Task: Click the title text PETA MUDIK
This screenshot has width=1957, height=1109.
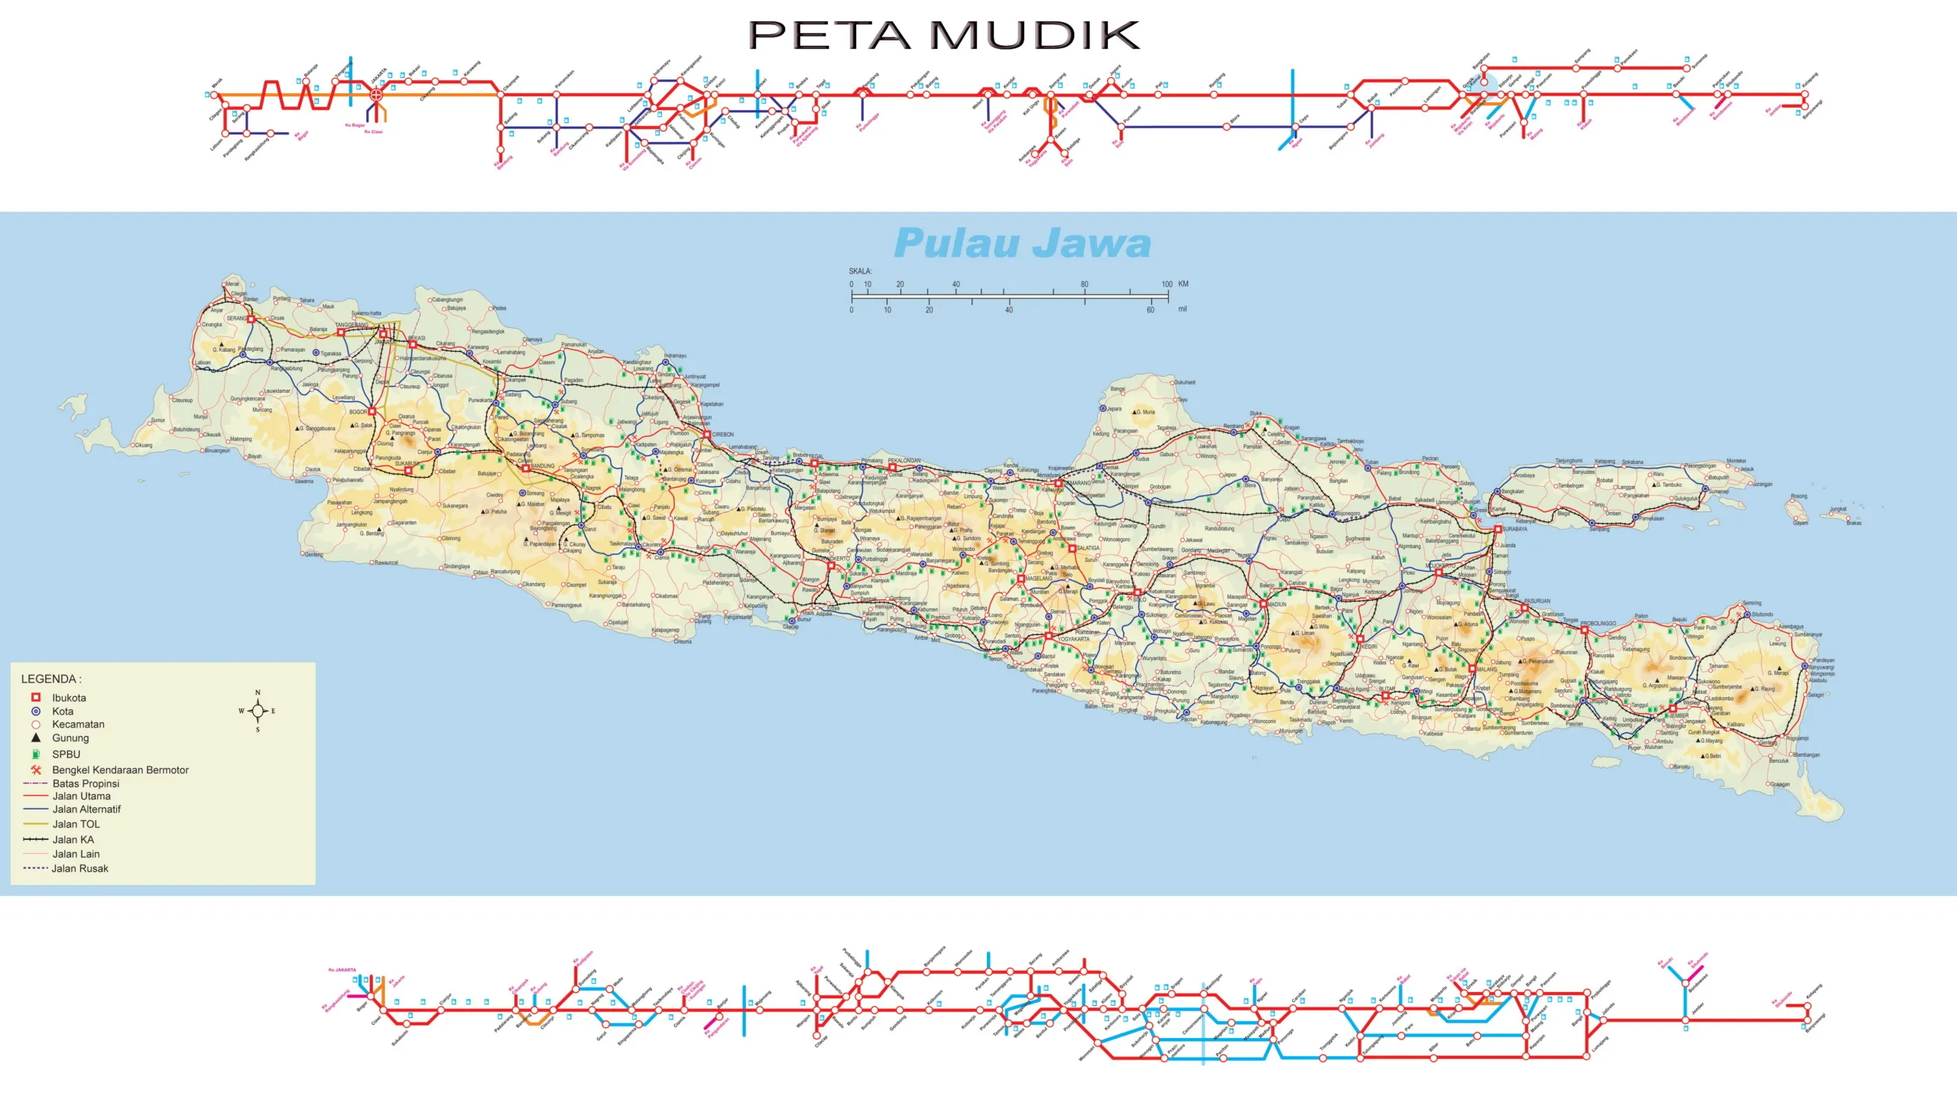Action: click(943, 35)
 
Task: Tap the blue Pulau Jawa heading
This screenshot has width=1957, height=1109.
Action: click(1022, 243)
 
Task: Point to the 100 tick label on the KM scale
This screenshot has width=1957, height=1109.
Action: click(1167, 284)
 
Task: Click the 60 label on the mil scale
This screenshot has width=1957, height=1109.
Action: click(1150, 310)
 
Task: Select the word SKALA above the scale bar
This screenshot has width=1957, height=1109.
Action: click(859, 271)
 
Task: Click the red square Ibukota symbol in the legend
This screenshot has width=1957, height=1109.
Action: click(35, 697)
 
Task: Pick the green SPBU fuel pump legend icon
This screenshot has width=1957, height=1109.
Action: click(35, 754)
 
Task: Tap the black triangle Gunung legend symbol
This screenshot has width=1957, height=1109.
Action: click(35, 738)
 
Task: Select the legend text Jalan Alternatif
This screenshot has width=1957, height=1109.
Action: click(86, 809)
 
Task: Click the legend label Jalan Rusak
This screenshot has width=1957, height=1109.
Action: click(80, 868)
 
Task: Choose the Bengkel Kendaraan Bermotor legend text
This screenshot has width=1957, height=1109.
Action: click(120, 770)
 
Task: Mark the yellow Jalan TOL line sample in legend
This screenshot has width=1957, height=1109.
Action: click(36, 824)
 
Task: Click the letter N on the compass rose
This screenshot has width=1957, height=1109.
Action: click(258, 692)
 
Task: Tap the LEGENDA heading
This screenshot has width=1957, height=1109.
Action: click(50, 679)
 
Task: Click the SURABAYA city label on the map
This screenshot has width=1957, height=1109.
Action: click(1514, 529)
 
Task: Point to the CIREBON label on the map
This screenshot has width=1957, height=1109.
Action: click(722, 434)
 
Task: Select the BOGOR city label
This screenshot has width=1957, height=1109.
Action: click(358, 412)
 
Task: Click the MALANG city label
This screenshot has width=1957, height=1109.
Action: click(1486, 670)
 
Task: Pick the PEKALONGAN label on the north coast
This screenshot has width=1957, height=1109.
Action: click(904, 460)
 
